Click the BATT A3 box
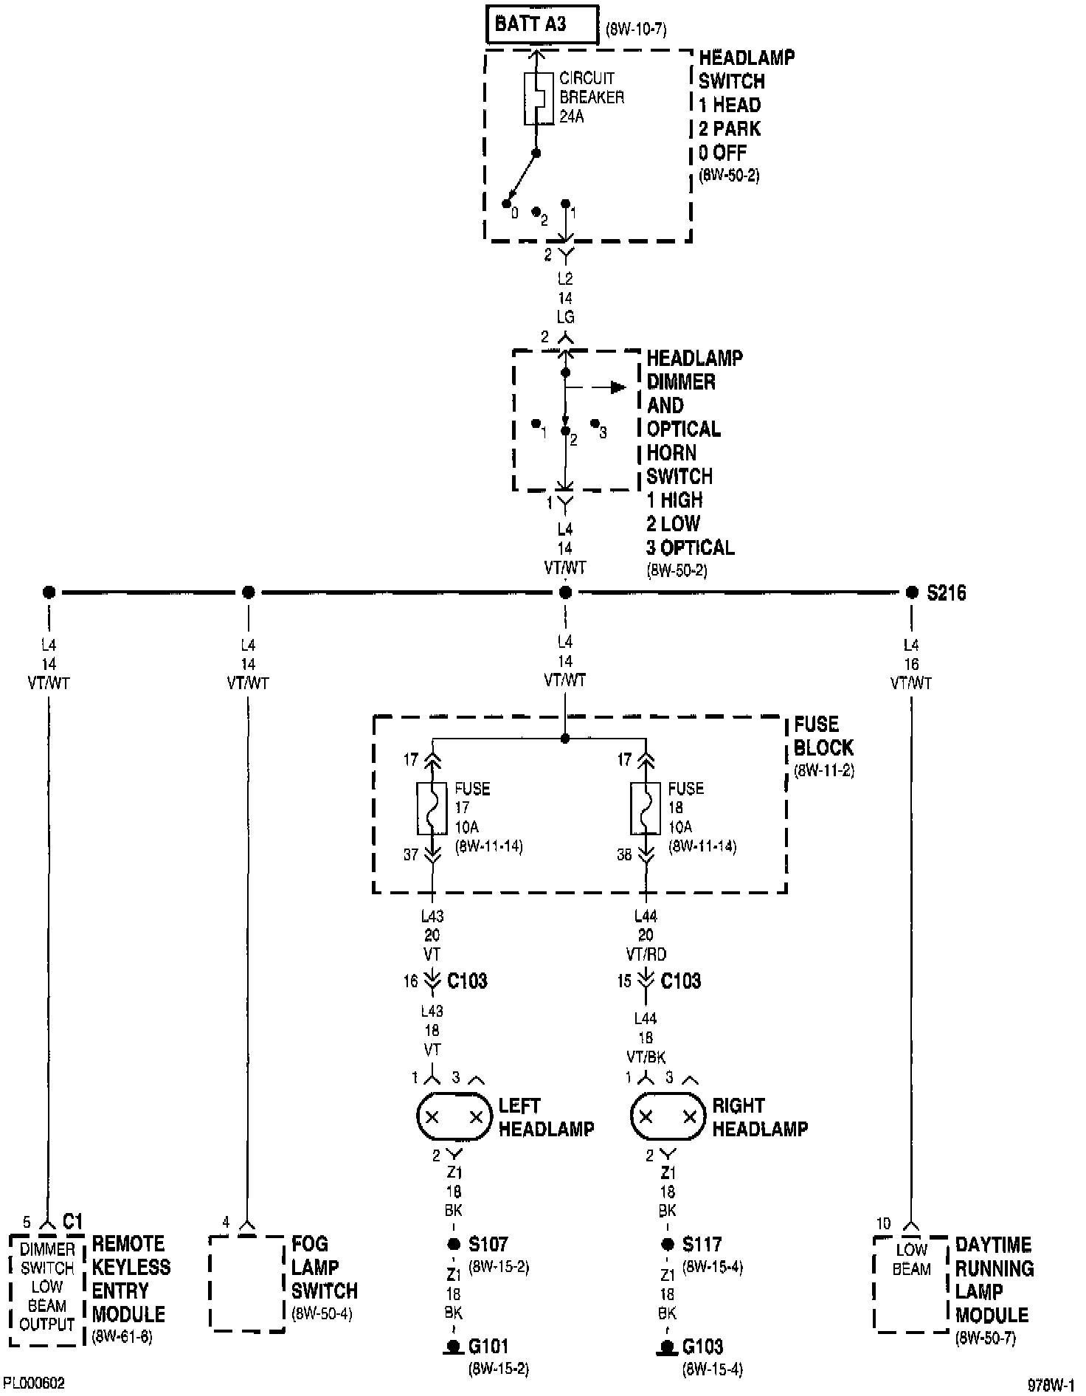[541, 25]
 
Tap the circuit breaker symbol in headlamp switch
[539, 99]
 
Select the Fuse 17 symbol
[432, 808]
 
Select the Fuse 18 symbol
[646, 808]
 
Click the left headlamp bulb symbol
[453, 1116]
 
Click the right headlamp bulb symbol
[666, 1116]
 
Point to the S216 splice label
[946, 593]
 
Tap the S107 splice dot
[454, 1245]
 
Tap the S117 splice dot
[668, 1245]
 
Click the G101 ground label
[488, 1347]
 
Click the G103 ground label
[702, 1347]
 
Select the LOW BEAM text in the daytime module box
[911, 1259]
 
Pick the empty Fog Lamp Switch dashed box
[246, 1284]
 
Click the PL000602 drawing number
[33, 1382]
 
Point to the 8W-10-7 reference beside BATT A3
[635, 30]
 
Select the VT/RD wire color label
[646, 955]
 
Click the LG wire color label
[565, 317]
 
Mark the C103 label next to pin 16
[467, 981]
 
